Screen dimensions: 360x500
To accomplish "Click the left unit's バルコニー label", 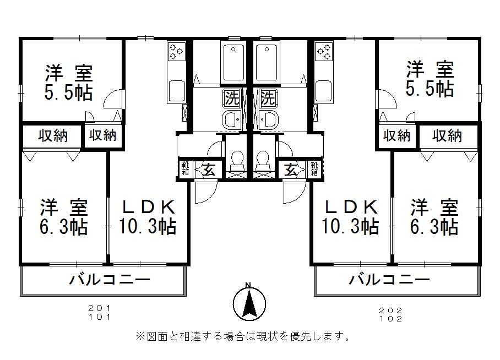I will pos(110,280).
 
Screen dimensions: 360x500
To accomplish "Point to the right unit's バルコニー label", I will pos(390,280).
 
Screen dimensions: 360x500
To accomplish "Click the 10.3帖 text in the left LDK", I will pos(147,226).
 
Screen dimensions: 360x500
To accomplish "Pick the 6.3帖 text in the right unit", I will pos(434,226).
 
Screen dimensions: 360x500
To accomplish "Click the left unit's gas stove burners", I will pos(177,52).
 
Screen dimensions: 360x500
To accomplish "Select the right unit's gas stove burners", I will pos(323,52).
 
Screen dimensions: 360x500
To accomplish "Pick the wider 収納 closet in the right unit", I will pos(447,135).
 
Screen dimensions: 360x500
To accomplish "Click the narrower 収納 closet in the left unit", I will pos(102,135).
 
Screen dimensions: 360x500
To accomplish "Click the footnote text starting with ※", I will pos(242,336).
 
